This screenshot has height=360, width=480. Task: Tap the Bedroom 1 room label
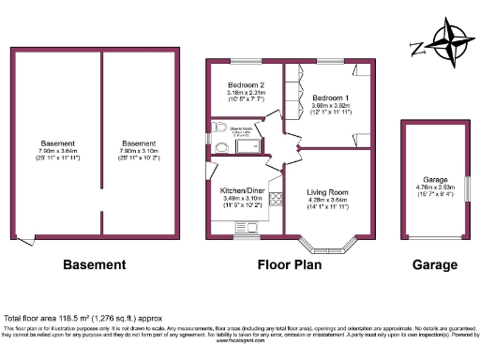pyautogui.click(x=330, y=98)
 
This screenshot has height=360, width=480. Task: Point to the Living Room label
pyautogui.click(x=327, y=191)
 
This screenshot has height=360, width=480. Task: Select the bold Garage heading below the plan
pyautogui.click(x=435, y=264)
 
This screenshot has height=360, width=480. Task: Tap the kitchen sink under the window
pyautogui.click(x=247, y=226)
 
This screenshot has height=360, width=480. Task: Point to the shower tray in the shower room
pyautogui.click(x=248, y=144)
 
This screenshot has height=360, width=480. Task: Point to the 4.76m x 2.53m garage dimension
pyautogui.click(x=434, y=187)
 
